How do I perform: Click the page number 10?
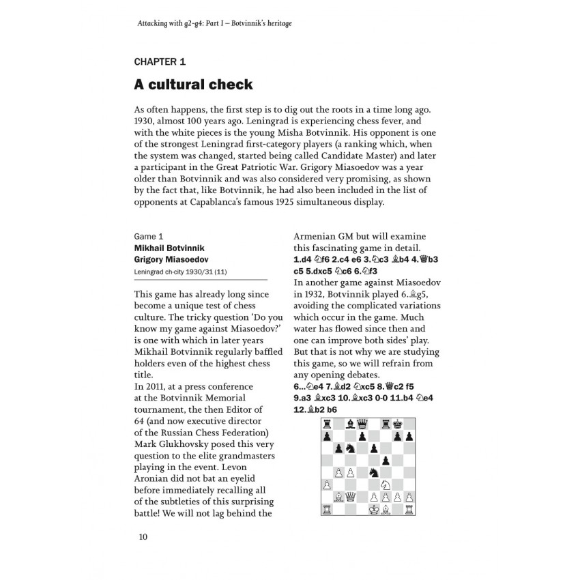coord(142,536)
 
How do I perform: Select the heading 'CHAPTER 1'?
coord(160,61)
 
